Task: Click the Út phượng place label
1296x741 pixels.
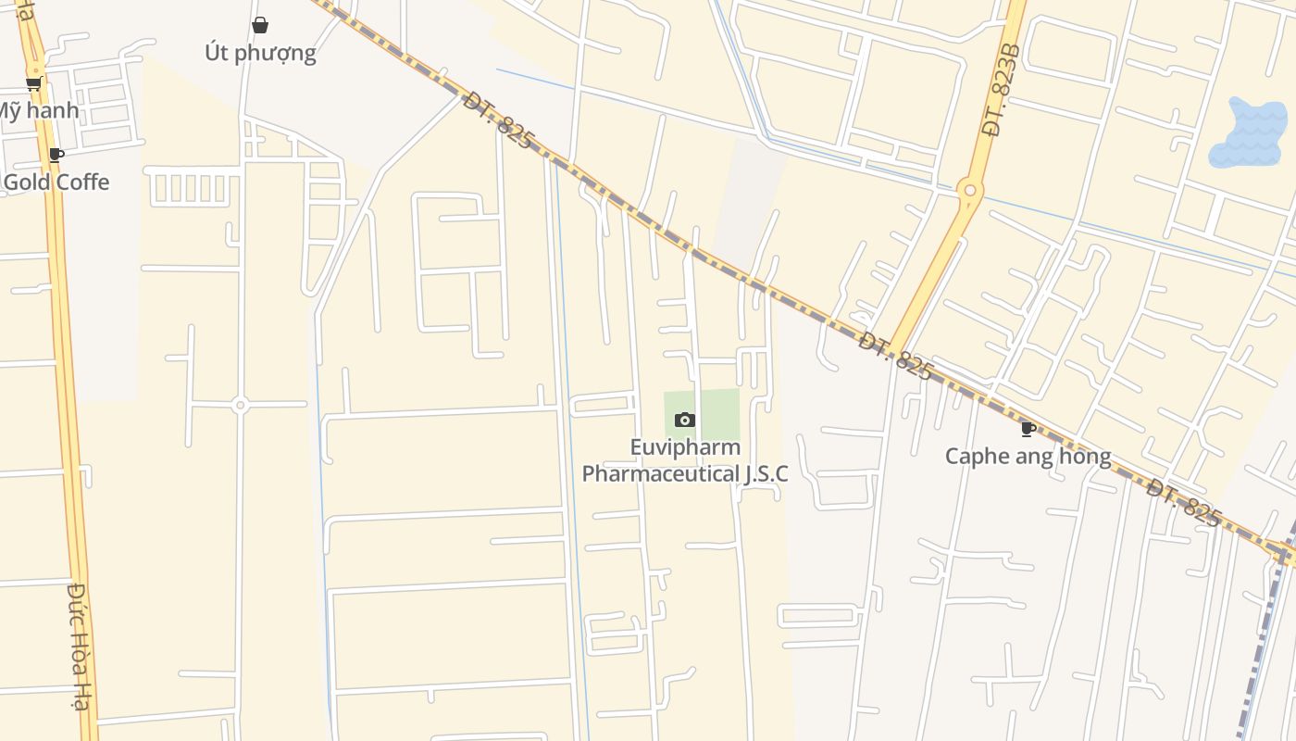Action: click(260, 53)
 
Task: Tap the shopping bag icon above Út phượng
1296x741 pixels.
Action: click(260, 25)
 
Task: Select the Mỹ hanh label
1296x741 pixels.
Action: click(37, 111)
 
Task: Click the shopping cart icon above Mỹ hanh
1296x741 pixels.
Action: click(33, 83)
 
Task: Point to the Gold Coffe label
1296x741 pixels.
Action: click(56, 182)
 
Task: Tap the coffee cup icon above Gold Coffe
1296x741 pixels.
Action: click(56, 155)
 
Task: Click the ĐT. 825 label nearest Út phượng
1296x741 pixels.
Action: click(498, 119)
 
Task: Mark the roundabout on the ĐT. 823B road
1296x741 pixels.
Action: click(969, 190)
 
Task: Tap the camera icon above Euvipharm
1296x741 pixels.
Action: click(685, 420)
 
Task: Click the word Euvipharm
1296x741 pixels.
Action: click(685, 447)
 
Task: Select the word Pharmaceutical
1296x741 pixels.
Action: click(660, 473)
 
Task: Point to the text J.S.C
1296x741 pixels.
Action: click(766, 473)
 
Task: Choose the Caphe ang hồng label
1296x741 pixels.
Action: click(1028, 456)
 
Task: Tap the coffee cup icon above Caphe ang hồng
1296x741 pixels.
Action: click(1028, 429)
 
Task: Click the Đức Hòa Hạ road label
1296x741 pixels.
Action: click(81, 646)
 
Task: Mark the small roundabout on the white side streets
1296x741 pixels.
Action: click(240, 405)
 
